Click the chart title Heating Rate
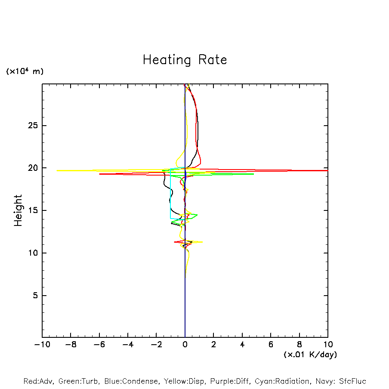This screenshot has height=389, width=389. [x=185, y=60]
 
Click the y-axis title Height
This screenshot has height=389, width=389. [x=18, y=210]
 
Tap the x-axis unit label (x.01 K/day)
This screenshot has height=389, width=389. [x=310, y=355]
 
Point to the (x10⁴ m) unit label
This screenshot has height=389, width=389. [x=25, y=71]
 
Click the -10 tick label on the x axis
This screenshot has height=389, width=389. [x=42, y=344]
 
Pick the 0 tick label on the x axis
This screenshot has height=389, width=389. [x=185, y=344]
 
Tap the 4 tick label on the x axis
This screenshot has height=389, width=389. [x=242, y=344]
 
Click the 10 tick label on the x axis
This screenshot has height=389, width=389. [x=327, y=344]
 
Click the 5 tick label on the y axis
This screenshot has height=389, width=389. [x=34, y=296]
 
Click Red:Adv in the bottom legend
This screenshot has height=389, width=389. [x=38, y=381]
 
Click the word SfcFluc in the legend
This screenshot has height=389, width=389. [x=352, y=381]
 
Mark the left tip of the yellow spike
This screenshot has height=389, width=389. [x=57, y=170]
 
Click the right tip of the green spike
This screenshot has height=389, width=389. [x=253, y=174]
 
